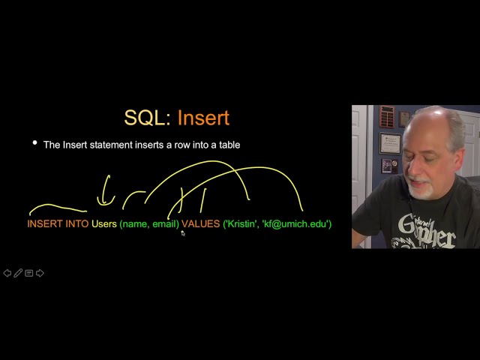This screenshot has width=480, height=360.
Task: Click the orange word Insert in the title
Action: point(203,118)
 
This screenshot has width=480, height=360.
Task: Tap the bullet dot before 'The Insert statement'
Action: point(34,142)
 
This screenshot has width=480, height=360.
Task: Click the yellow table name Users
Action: point(104,223)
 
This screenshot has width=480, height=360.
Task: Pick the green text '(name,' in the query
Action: point(134,223)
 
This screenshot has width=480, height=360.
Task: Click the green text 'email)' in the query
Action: point(166,223)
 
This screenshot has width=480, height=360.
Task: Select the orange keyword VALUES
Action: point(200,223)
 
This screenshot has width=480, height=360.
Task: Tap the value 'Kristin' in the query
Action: point(240,223)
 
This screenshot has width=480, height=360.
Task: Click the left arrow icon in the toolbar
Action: point(7,273)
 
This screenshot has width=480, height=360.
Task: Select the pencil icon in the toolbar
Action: point(18,273)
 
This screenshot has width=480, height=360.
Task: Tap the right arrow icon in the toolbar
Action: point(40,273)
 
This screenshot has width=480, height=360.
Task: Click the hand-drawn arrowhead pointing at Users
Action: point(103,201)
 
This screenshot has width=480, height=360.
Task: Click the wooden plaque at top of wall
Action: point(386,115)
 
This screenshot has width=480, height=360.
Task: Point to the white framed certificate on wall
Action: point(389,142)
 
